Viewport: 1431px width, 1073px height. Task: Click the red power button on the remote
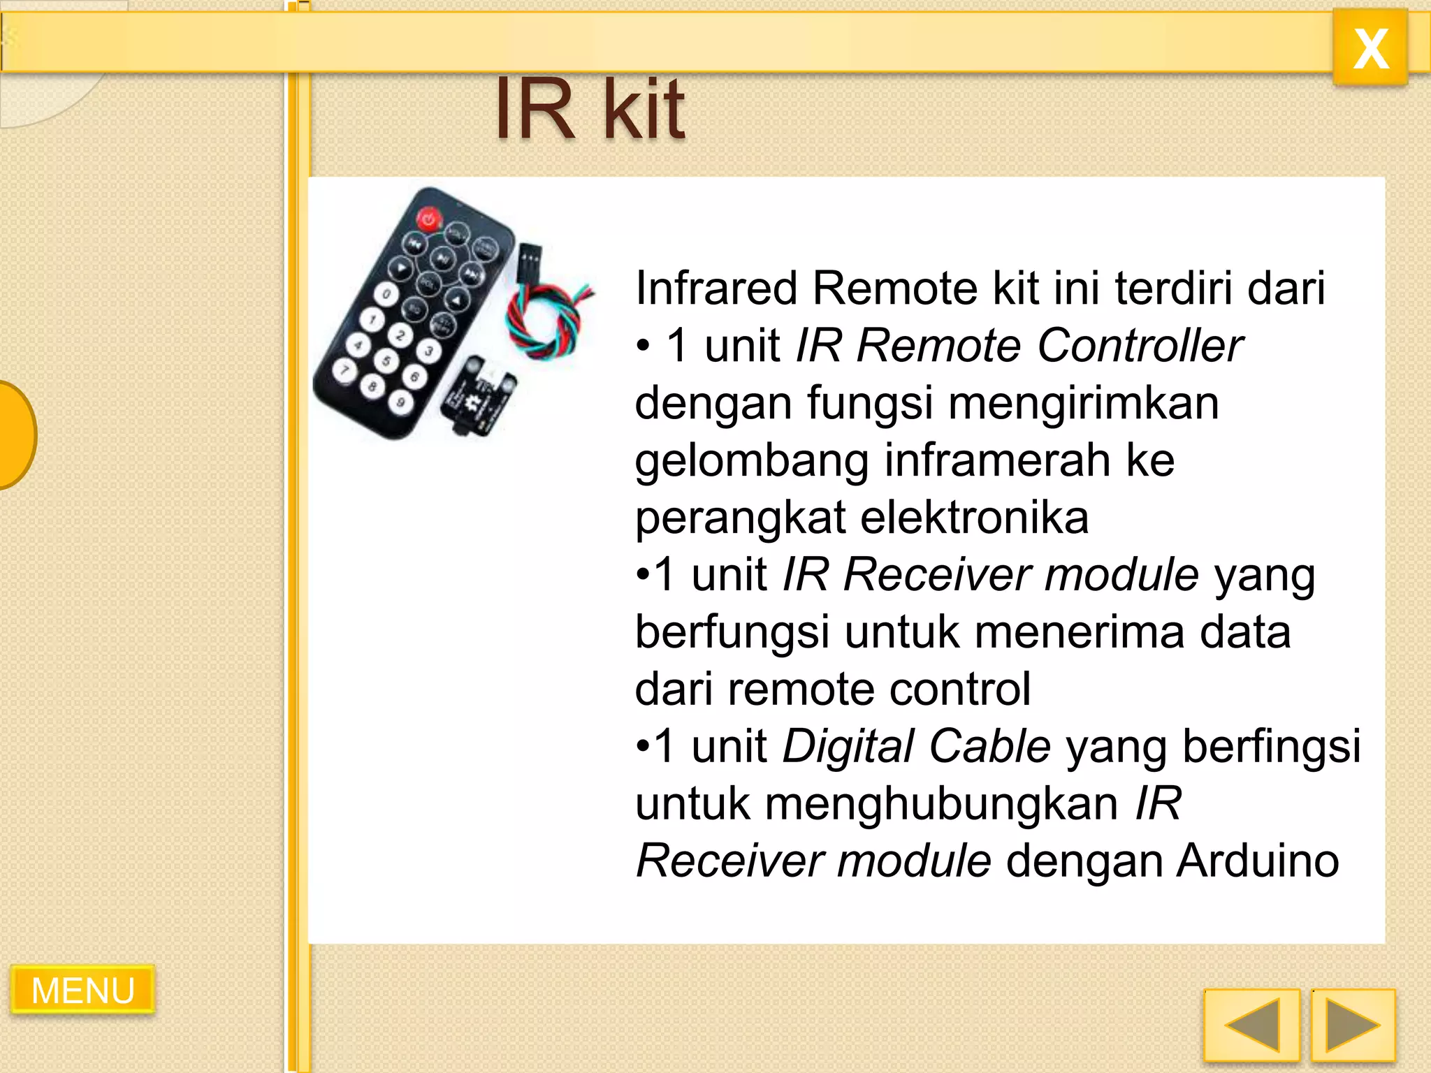[428, 219]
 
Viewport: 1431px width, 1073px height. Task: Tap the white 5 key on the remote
[386, 360]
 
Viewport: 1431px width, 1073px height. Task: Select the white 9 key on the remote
[400, 402]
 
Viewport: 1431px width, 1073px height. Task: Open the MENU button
[82, 990]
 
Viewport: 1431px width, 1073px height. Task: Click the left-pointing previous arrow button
[1251, 1025]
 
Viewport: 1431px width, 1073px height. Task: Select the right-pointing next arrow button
[1353, 1025]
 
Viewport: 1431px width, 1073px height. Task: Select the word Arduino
[1258, 861]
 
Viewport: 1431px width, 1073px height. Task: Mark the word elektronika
[974, 518]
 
